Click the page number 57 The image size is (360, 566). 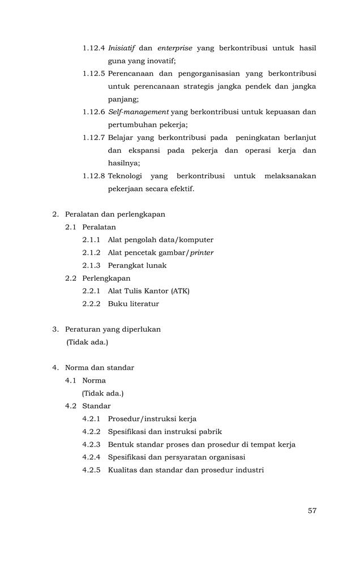[x=312, y=511]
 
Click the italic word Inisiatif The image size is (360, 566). [x=121, y=48]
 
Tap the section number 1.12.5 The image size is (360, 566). [x=93, y=74]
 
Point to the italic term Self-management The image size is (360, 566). [x=138, y=112]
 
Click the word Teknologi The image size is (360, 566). [x=125, y=176]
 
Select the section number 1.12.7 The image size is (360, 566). [x=93, y=138]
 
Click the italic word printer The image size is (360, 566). [x=202, y=252]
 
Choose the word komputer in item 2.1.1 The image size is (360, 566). [x=194, y=240]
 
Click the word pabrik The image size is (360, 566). [x=211, y=432]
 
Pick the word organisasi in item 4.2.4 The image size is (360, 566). [x=226, y=457]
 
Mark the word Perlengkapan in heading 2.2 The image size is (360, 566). [x=106, y=278]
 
